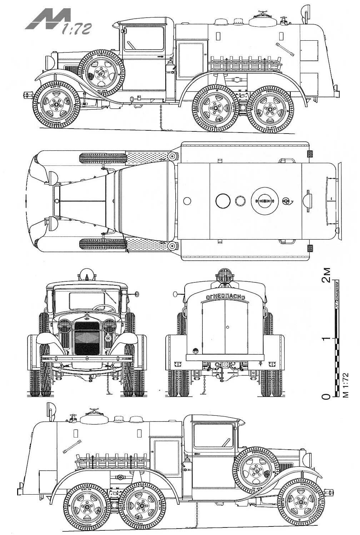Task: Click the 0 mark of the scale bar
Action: (x=326, y=396)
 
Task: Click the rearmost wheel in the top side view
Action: (x=270, y=108)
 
